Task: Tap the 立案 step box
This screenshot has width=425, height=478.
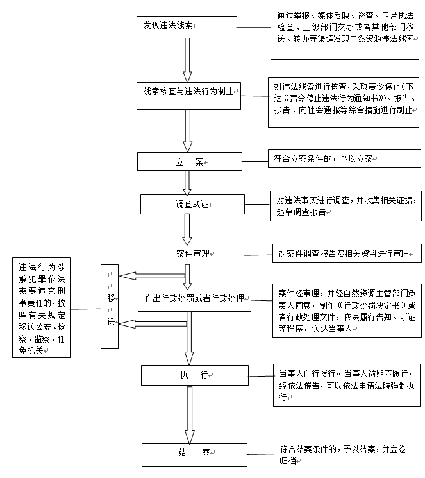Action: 189,162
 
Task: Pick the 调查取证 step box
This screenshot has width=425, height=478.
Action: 189,204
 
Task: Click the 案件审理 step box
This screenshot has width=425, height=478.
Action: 192,253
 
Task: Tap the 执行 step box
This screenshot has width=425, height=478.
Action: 194,375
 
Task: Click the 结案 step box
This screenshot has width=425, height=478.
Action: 194,453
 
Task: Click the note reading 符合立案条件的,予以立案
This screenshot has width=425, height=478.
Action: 322,158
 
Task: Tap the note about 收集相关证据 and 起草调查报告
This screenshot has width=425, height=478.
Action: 345,205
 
